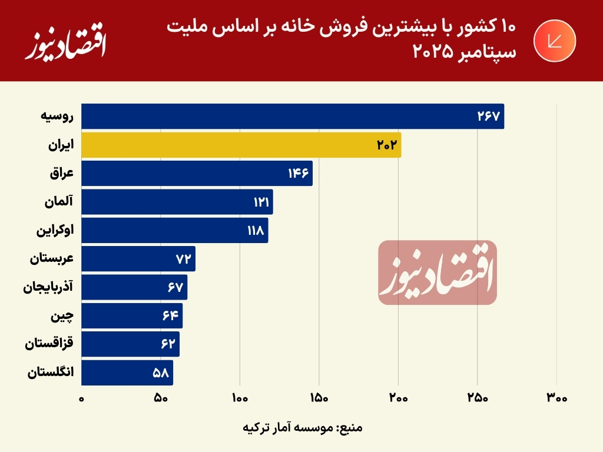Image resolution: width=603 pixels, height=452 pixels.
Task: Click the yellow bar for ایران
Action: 241,145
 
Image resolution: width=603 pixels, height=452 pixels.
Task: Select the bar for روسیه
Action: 292,117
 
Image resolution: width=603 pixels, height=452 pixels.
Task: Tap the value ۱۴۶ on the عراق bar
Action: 299,174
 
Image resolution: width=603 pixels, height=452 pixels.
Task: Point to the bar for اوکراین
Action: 174,230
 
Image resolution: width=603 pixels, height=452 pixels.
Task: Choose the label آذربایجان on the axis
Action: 48,288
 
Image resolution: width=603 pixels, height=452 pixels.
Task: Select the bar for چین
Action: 132,316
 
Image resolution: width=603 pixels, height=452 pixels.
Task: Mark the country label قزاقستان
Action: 49,344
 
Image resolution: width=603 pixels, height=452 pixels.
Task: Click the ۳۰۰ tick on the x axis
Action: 556,398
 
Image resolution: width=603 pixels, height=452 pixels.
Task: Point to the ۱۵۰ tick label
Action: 319,398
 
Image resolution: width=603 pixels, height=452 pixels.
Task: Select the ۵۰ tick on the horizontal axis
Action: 161,398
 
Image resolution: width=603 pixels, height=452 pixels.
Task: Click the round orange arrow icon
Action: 554,41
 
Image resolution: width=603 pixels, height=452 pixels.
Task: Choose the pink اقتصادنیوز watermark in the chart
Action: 437,272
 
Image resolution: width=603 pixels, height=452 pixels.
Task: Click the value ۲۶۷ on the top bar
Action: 488,117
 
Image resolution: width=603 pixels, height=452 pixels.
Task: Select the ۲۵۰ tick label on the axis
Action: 478,398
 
